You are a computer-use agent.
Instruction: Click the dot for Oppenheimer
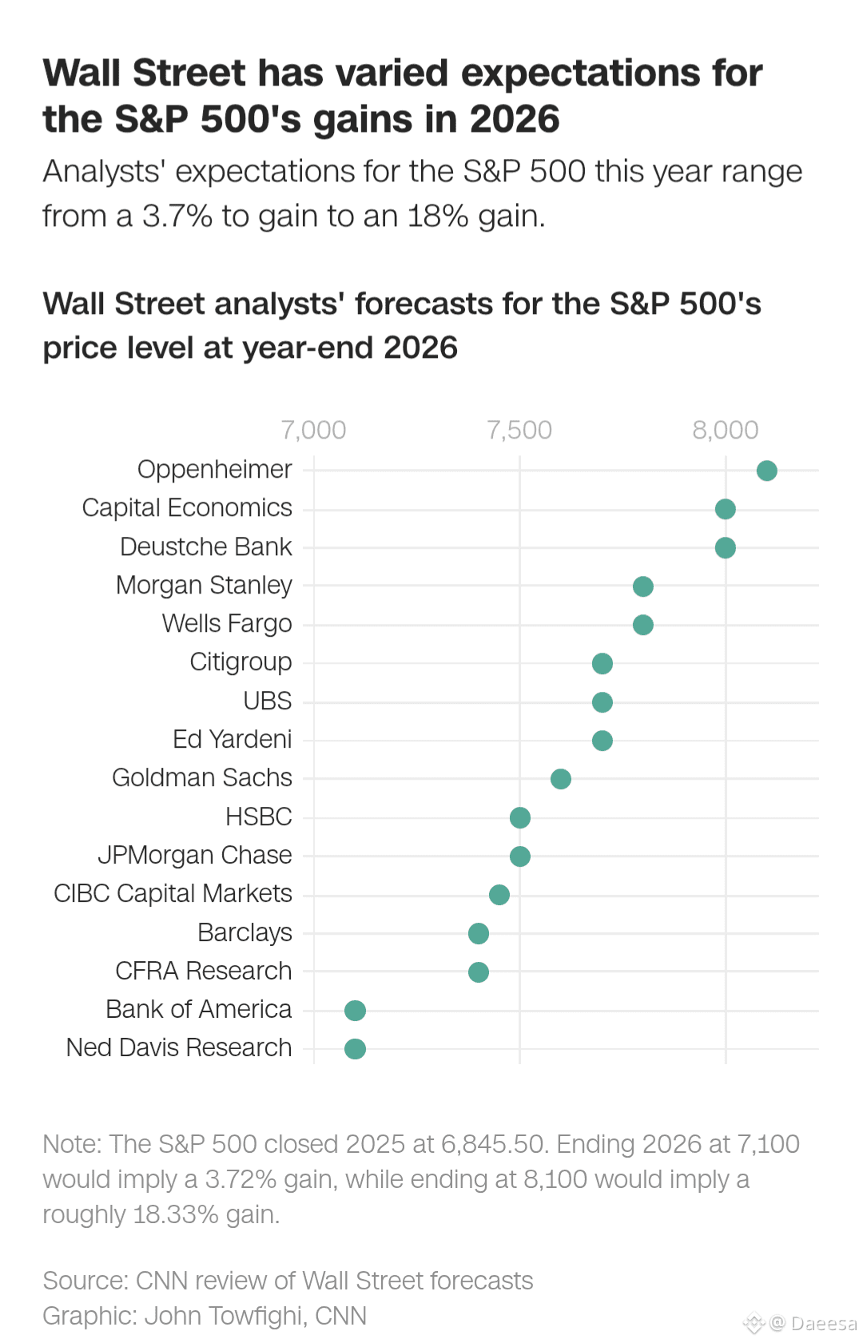pos(766,471)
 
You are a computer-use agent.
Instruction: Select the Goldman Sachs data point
pos(561,779)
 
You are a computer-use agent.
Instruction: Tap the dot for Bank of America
pos(355,1011)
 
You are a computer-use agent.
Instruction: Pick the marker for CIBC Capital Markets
pos(499,895)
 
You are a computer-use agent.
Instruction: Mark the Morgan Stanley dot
pos(643,586)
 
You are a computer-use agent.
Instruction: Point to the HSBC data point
pos(520,817)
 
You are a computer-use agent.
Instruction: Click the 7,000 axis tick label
pos(313,430)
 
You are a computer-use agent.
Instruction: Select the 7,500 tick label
pos(519,430)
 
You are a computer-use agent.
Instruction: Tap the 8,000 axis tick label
pos(726,430)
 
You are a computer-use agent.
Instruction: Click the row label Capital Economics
pos(187,508)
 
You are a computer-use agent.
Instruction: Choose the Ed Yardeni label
pos(233,739)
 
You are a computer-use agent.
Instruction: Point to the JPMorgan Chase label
pos(195,855)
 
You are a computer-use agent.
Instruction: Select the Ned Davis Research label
pos(179,1047)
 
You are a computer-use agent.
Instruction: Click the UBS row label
pos(268,701)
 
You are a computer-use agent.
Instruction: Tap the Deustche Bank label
pos(206,546)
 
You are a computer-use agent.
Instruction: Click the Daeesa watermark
pos(822,1324)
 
